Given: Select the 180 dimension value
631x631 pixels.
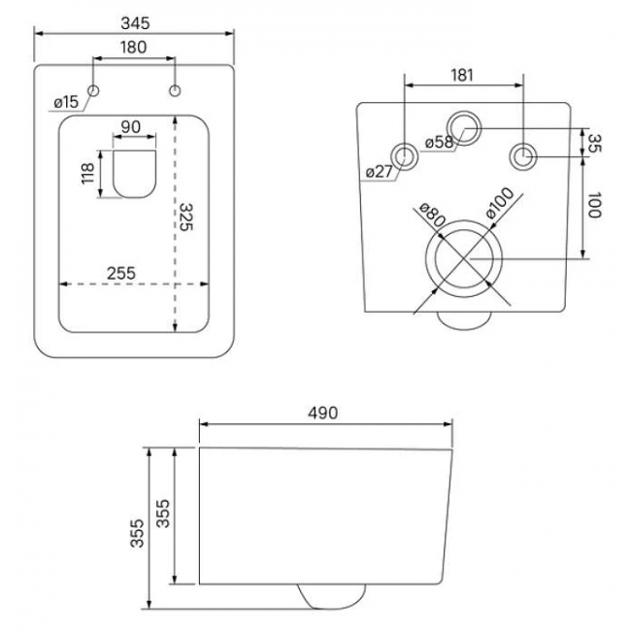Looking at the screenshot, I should [134, 47].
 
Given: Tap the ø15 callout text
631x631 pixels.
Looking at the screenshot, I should [66, 101].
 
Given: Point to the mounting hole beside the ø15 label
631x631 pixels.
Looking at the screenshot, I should [94, 91].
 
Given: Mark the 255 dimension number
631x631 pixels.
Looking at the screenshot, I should [120, 273].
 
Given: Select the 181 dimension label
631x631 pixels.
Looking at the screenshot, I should [462, 74].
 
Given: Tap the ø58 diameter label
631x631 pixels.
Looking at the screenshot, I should [440, 143].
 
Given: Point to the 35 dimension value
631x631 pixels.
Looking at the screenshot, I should [594, 144].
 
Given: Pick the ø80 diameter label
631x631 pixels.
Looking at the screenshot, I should [431, 216].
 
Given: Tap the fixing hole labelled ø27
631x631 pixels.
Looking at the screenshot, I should [405, 154].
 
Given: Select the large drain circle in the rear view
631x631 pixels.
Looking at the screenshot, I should [463, 258].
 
